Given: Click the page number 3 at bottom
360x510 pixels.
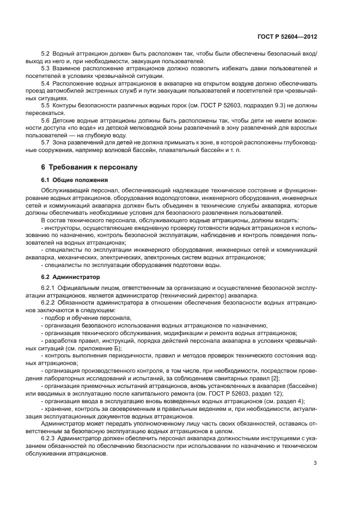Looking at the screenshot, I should coord(315,464).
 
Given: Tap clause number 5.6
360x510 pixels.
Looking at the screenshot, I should coord(46,118).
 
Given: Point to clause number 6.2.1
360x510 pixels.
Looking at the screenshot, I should coord(50,287).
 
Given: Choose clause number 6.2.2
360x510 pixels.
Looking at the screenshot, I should coord(50,301).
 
